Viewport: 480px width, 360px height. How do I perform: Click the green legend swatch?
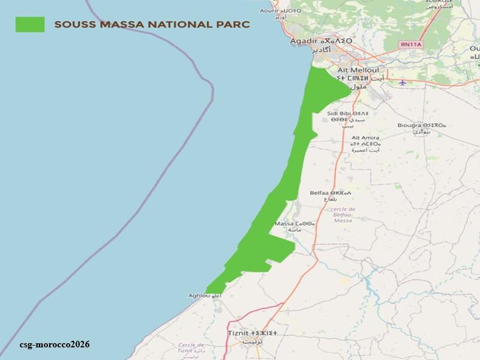click(x=30, y=24)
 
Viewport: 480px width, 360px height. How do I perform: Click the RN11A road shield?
click(x=412, y=44)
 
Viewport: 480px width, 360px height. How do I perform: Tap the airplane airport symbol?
click(x=402, y=82)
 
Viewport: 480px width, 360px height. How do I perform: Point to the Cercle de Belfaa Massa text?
click(x=343, y=215)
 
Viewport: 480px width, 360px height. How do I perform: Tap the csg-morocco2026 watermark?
click(x=55, y=344)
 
